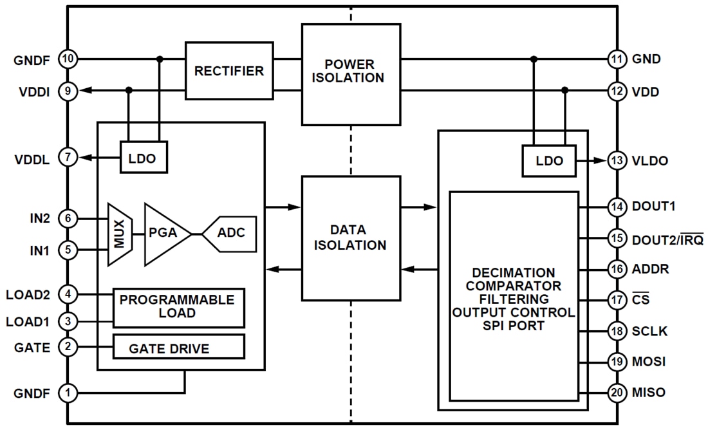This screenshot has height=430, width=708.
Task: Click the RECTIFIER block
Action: coord(229,70)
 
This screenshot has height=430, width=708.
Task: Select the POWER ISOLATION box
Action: coord(351,74)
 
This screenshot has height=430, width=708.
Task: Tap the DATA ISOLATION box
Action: coord(351,238)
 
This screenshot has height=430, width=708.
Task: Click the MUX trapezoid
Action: coord(120,234)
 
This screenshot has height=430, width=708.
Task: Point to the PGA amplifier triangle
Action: coord(164,234)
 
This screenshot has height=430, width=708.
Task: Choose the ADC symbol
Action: coord(230,234)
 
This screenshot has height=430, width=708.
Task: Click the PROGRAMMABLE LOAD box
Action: coord(178,308)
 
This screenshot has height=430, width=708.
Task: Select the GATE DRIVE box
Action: coord(178,348)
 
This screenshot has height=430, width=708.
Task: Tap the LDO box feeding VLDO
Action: coord(549,161)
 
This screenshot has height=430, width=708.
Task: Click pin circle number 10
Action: coord(68,60)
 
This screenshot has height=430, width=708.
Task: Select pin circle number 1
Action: coord(68,391)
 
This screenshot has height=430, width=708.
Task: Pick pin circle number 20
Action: coord(617,392)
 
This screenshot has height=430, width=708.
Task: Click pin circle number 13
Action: coord(617,161)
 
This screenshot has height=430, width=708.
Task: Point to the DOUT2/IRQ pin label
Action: coord(666,239)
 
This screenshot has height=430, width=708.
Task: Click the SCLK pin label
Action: coord(650,332)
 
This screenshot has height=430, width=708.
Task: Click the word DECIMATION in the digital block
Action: coord(513,273)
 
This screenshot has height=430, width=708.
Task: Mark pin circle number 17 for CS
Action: coord(617,300)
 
